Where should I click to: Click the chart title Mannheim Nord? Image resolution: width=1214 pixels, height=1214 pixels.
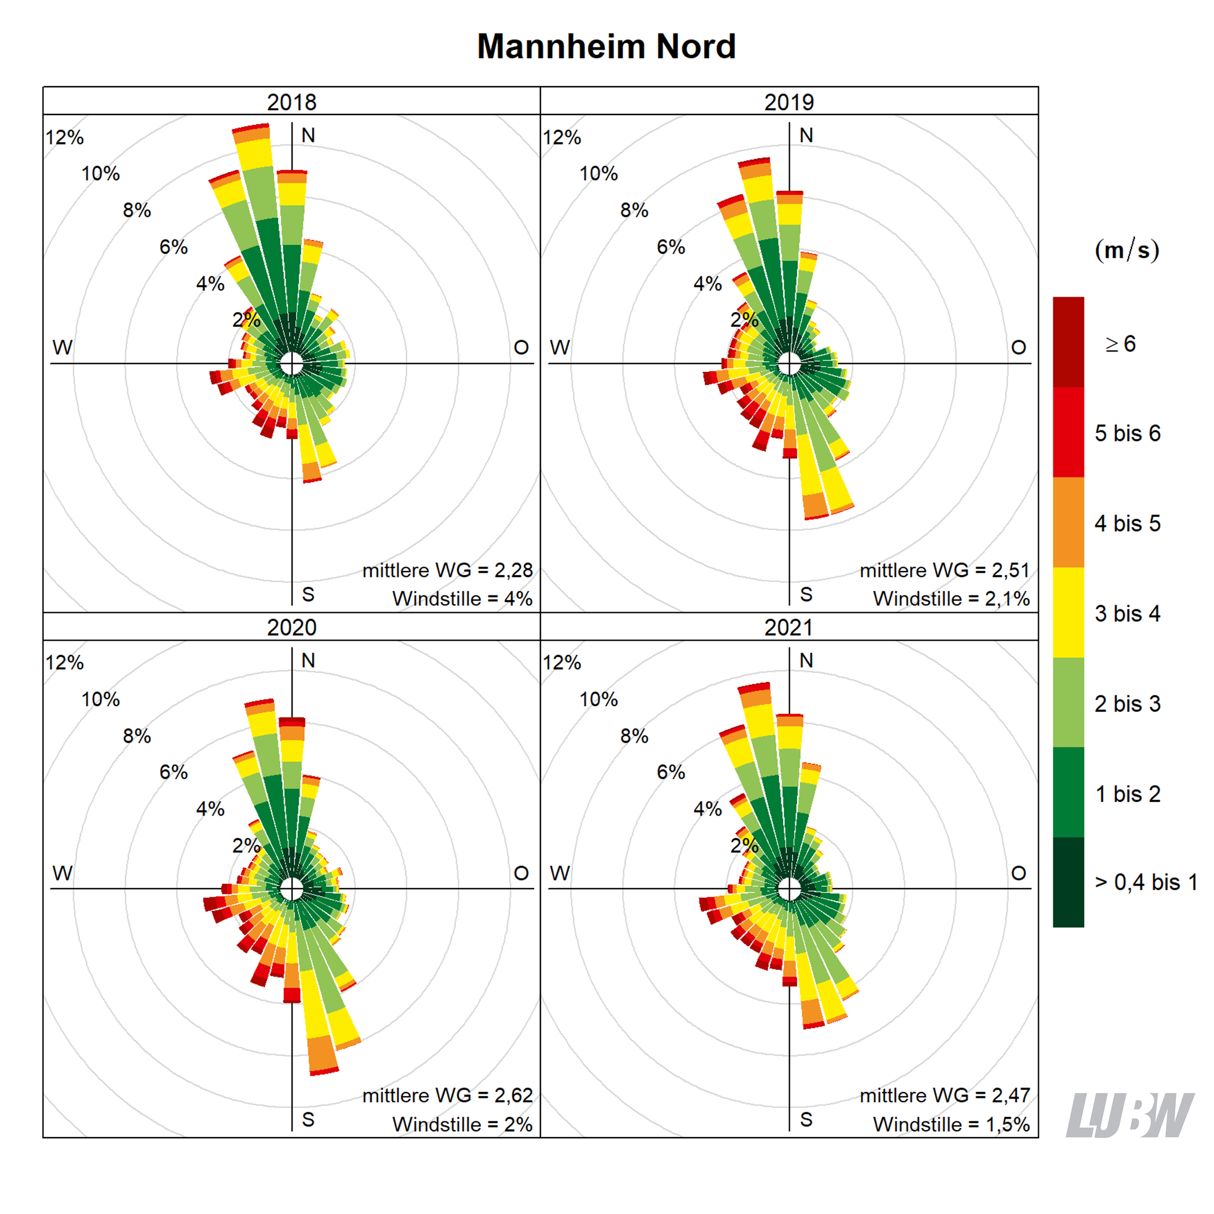pos(606,46)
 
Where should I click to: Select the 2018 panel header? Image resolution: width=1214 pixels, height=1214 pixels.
pos(291,102)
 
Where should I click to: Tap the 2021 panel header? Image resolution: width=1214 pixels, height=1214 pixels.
pos(789,627)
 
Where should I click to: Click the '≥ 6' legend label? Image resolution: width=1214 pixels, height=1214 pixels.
pos(1121,344)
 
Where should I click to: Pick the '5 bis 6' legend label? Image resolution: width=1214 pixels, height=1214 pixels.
pos(1127,433)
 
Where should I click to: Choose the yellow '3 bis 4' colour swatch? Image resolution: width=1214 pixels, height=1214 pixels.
pos(1068,612)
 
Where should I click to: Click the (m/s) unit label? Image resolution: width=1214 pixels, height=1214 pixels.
pos(1127,250)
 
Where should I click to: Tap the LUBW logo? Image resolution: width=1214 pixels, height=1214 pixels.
pos(1129,1115)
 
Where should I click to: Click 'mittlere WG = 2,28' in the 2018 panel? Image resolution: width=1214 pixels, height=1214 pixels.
pos(447,570)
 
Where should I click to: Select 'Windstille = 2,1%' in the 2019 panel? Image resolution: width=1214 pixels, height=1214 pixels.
pos(952,598)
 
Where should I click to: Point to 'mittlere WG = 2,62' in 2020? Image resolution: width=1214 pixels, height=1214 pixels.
pos(447,1095)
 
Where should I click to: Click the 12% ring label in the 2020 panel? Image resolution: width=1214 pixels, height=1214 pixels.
pos(65,662)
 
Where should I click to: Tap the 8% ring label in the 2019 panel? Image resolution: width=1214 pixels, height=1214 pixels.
pos(634,210)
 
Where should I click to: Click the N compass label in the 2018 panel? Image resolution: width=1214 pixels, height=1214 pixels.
pos(308,135)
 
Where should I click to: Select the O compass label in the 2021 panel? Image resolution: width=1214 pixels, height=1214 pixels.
pos(1019,873)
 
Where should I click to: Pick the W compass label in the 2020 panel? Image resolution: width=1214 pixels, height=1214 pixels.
pos(62,873)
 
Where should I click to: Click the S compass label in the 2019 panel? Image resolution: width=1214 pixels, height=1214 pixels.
pos(806,594)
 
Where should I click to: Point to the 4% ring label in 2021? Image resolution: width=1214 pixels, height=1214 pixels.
pos(708,809)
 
